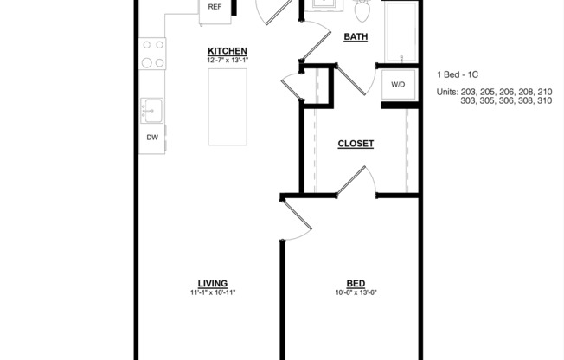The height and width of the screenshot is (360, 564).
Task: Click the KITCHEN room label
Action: tap(228, 51)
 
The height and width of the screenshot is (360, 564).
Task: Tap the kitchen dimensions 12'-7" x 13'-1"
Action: tap(228, 61)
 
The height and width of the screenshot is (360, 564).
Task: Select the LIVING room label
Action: tap(213, 283)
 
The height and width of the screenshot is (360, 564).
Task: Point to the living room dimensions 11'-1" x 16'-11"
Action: tap(213, 292)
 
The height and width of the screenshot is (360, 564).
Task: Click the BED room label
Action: tap(356, 283)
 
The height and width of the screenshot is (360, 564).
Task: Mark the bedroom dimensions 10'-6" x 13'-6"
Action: tap(356, 292)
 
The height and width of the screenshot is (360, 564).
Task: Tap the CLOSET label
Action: tap(356, 144)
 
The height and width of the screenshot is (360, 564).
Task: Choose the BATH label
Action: tap(356, 36)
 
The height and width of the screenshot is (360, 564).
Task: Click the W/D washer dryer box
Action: tap(398, 85)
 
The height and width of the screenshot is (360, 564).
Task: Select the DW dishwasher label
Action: tap(152, 138)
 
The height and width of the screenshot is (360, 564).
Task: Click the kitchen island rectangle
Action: tap(227, 106)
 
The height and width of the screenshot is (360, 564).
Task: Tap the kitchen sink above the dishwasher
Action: tap(152, 110)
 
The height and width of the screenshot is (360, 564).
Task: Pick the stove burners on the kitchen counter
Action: tap(152, 54)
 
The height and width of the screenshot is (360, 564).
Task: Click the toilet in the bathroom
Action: tap(362, 10)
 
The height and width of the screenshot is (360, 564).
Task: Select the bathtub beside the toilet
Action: tap(401, 31)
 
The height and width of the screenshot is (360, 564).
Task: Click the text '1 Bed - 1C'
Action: tap(458, 74)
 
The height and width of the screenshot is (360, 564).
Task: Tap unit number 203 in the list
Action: tap(469, 91)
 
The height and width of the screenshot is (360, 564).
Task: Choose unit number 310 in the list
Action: tap(544, 100)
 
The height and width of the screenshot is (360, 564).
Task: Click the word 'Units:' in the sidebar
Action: tap(447, 91)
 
